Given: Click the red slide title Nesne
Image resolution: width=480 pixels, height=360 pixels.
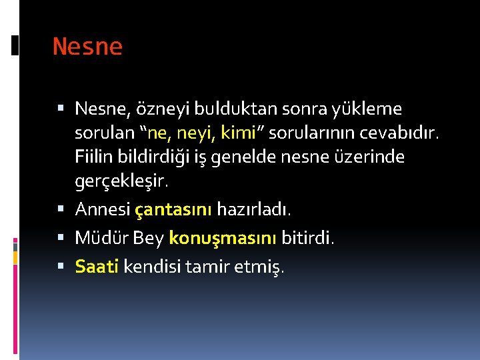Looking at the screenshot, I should tap(87, 47).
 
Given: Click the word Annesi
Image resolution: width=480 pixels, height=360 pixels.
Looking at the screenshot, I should tap(102, 209).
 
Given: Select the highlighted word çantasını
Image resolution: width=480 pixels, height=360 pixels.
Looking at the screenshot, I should tap(173, 209).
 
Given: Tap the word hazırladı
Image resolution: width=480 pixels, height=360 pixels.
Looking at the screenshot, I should tap(253, 209).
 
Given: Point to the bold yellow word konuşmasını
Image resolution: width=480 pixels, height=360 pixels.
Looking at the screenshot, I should tap(223, 237).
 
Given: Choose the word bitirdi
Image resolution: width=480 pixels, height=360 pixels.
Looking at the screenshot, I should tap(307, 237).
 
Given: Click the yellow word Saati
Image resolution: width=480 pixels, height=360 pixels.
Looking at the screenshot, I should tap(97, 267).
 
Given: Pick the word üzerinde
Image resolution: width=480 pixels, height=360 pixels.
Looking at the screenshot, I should tap(375, 158).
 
